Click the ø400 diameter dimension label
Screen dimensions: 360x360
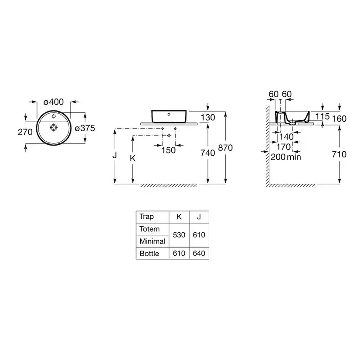pos(54,102)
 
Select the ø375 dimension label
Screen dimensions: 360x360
pos(85,128)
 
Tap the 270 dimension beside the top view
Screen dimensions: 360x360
pos(25,132)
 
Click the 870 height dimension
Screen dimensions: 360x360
pos(225,148)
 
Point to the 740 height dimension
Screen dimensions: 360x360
pos(208,153)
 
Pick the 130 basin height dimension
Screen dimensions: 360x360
pos(208,118)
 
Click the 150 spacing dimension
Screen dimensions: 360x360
pos(168,150)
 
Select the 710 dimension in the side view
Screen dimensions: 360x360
pos(339,154)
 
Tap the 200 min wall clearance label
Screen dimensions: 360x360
pos(286,157)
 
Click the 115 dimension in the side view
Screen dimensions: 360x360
pos(323,117)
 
